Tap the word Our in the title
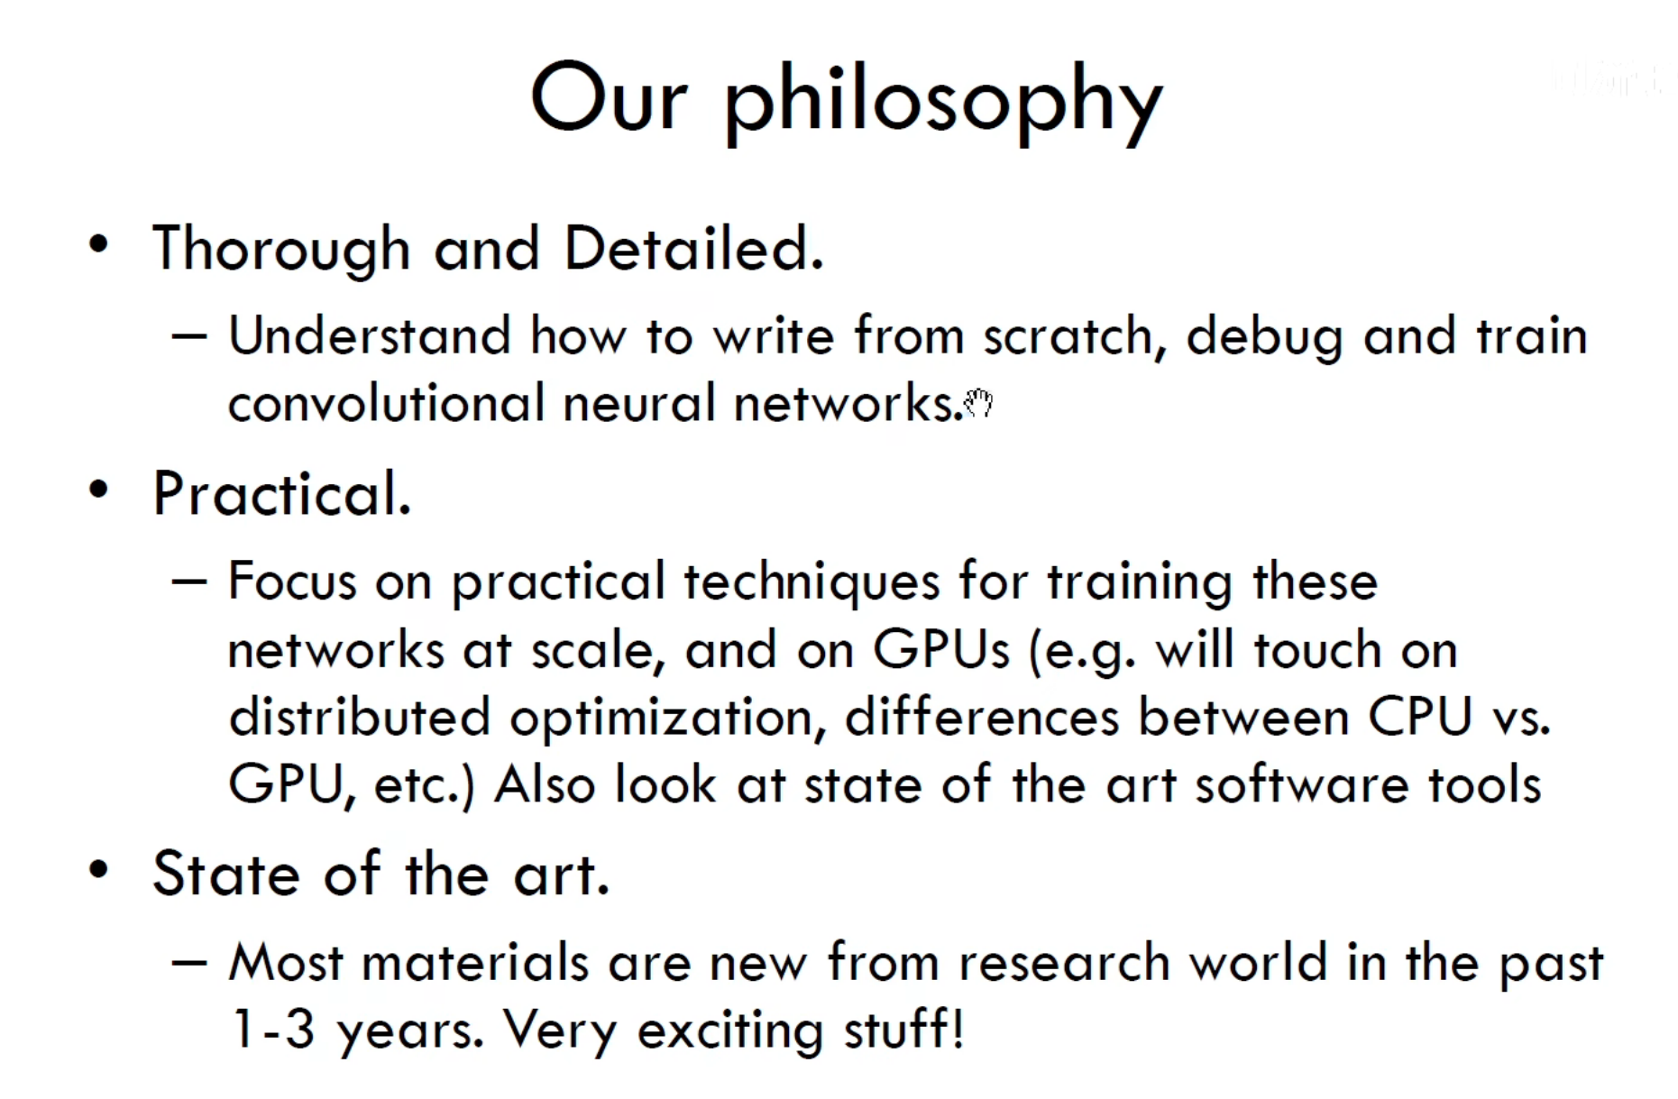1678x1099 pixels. pyautogui.click(x=610, y=97)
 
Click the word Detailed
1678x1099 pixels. pyautogui.click(x=693, y=248)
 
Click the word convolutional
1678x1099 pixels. pyautogui.click(x=387, y=402)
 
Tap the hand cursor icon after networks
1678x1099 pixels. pyautogui.click(x=978, y=402)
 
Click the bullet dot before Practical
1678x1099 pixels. pyautogui.click(x=98, y=489)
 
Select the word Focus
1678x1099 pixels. pyautogui.click(x=292, y=581)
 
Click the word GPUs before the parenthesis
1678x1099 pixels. pyautogui.click(x=941, y=649)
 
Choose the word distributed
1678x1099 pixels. pyautogui.click(x=359, y=717)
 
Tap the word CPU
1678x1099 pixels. pyautogui.click(x=1419, y=717)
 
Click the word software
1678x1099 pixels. pyautogui.click(x=1301, y=783)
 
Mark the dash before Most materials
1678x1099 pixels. pyautogui.click(x=189, y=962)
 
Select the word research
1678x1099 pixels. pyautogui.click(x=1064, y=962)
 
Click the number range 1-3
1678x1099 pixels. pyautogui.click(x=273, y=1029)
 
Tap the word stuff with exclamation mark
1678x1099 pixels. pyautogui.click(x=903, y=1029)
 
